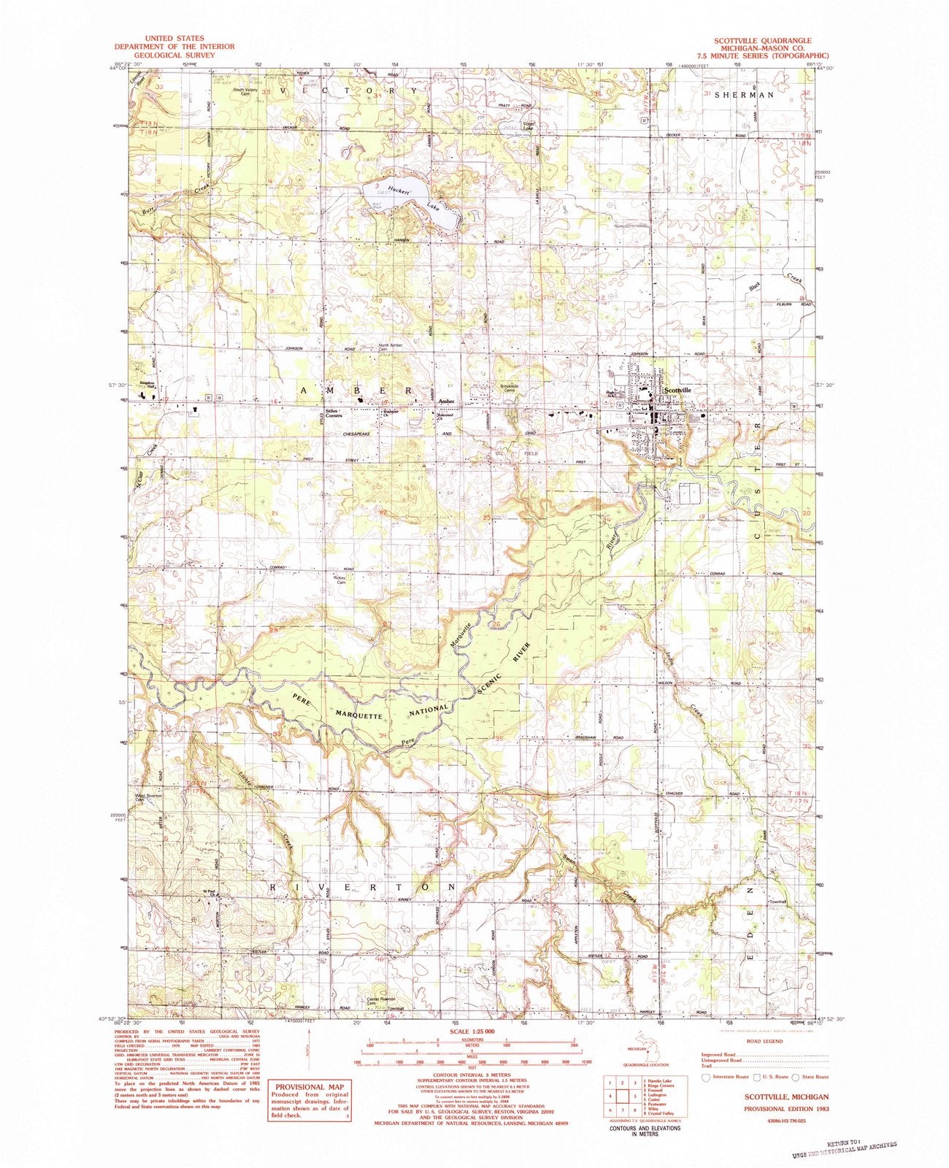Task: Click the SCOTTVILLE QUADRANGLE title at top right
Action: click(764, 41)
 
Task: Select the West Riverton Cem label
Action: click(148, 798)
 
